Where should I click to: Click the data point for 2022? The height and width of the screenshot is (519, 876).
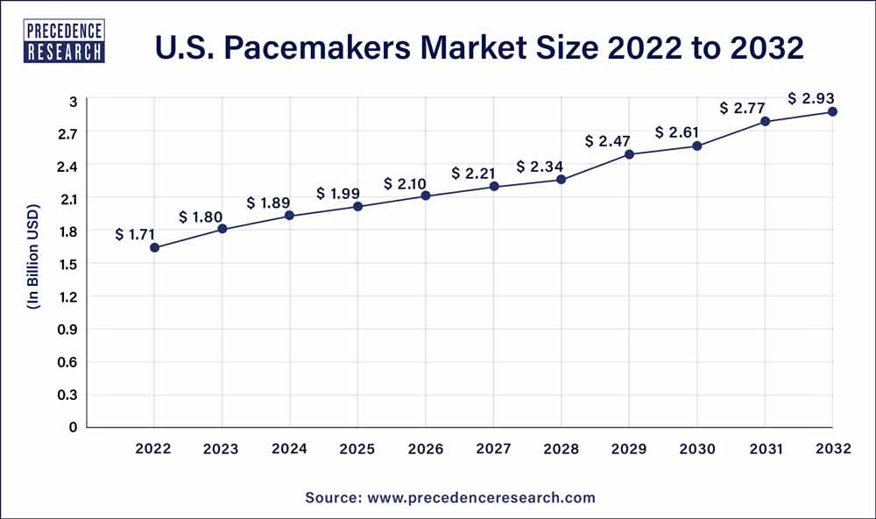155,248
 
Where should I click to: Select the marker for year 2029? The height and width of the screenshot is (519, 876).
629,154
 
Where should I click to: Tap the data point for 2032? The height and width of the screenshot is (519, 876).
832,111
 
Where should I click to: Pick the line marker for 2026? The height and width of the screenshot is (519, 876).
426,196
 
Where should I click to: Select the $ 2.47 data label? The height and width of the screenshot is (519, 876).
607,140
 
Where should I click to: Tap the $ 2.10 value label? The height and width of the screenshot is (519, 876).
405,183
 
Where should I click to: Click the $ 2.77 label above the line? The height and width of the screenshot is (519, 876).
742,109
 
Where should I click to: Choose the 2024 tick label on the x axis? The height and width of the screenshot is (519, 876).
290,449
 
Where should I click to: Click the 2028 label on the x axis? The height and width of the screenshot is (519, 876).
562,449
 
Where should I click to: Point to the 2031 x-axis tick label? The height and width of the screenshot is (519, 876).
765,449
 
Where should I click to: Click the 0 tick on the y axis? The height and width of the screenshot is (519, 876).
74,427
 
